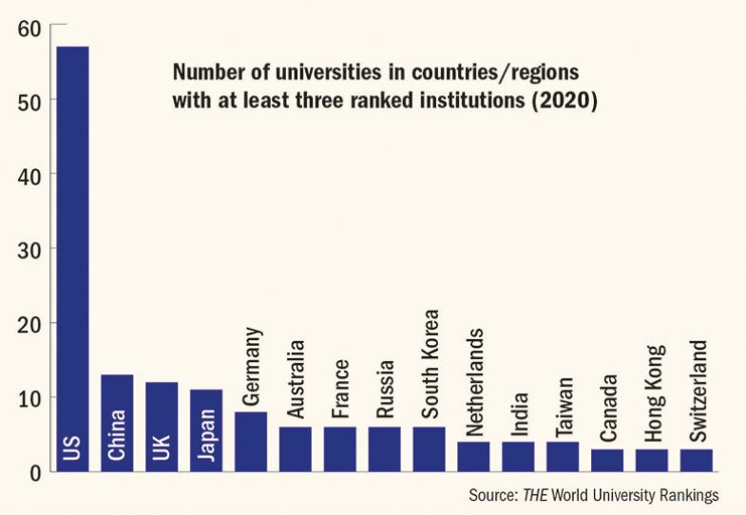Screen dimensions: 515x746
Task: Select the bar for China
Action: click(117, 423)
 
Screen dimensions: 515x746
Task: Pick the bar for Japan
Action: click(206, 429)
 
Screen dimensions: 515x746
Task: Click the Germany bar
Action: click(251, 441)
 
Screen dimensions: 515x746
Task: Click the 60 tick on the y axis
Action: click(29, 28)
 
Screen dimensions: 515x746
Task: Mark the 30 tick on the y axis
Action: click(29, 249)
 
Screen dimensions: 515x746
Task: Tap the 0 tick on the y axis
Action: click(35, 470)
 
